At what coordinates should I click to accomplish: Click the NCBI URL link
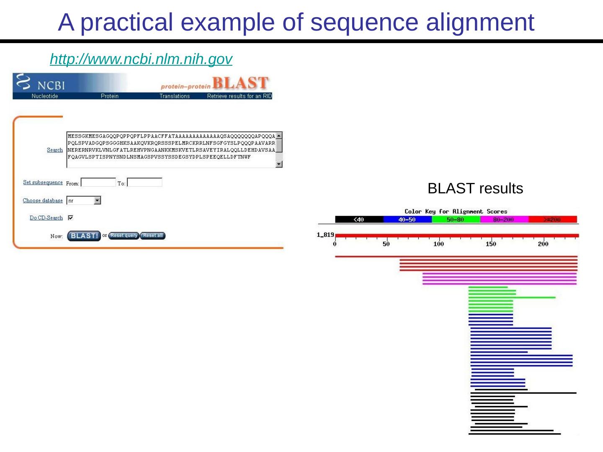coord(141,59)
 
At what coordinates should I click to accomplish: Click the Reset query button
coord(124,236)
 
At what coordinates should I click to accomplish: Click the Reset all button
coord(153,236)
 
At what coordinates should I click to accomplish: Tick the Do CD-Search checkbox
coord(70,218)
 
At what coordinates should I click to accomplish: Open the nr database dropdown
coord(97,201)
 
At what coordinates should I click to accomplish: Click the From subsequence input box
coord(98,183)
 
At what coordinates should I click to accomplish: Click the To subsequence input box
coord(144,183)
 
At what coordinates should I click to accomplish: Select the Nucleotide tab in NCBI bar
coord(45,96)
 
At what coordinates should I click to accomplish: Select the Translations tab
coord(175,96)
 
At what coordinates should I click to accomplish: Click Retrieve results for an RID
coord(240,96)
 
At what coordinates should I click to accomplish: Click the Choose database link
coord(43,200)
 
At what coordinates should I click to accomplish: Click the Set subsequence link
coord(43,182)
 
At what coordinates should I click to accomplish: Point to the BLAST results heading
coord(475,189)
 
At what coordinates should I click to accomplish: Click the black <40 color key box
coord(359,219)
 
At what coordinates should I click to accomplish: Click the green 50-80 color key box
coord(456,219)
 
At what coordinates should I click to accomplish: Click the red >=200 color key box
coord(552,219)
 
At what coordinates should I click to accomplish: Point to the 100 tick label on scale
coord(438,244)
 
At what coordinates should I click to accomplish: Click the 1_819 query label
coord(325,235)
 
